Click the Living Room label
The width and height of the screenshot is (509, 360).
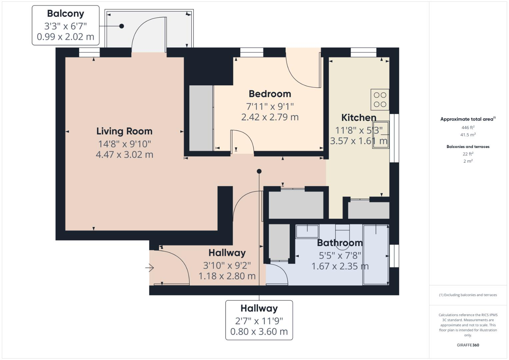coord(124,131)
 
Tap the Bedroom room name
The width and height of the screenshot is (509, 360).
coord(270,94)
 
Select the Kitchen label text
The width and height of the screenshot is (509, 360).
coord(359,117)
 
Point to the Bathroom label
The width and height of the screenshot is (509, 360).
coord(340,243)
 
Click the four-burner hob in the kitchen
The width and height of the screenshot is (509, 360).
coord(380,100)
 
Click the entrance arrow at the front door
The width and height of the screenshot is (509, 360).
coord(150,268)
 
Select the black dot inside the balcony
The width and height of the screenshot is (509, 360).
coord(122,26)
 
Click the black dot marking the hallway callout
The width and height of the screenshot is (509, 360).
coord(259,171)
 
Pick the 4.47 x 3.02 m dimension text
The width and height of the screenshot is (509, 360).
coord(125,155)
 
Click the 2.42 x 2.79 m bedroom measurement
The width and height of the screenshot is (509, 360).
coord(270,117)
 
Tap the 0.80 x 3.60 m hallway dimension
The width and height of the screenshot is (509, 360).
coord(259,332)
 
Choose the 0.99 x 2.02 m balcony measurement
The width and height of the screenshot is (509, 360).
coord(65,37)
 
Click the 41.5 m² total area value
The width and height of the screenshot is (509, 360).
coord(468,135)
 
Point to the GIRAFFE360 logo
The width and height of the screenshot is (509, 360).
coord(468,345)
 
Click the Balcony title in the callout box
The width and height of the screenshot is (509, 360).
coord(65,14)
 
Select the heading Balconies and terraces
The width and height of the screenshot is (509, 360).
coord(468,147)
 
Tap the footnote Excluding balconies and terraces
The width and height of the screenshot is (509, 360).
coord(468,295)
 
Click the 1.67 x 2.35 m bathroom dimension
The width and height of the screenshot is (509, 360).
coord(340,266)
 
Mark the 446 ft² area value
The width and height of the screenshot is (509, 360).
coord(468,127)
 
